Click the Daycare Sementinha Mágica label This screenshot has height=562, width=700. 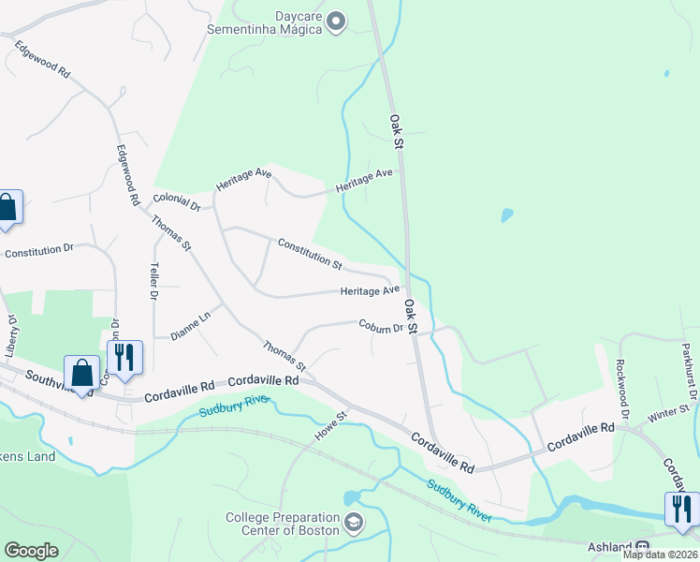(x=272, y=22)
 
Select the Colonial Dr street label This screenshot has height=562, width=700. (x=177, y=202)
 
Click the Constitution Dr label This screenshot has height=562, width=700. (x=38, y=252)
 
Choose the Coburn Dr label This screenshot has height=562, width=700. (x=380, y=326)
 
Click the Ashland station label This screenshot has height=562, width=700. (x=609, y=547)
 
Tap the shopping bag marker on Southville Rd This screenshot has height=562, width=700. (x=82, y=372)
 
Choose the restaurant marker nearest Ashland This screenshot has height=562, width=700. (x=681, y=509)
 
